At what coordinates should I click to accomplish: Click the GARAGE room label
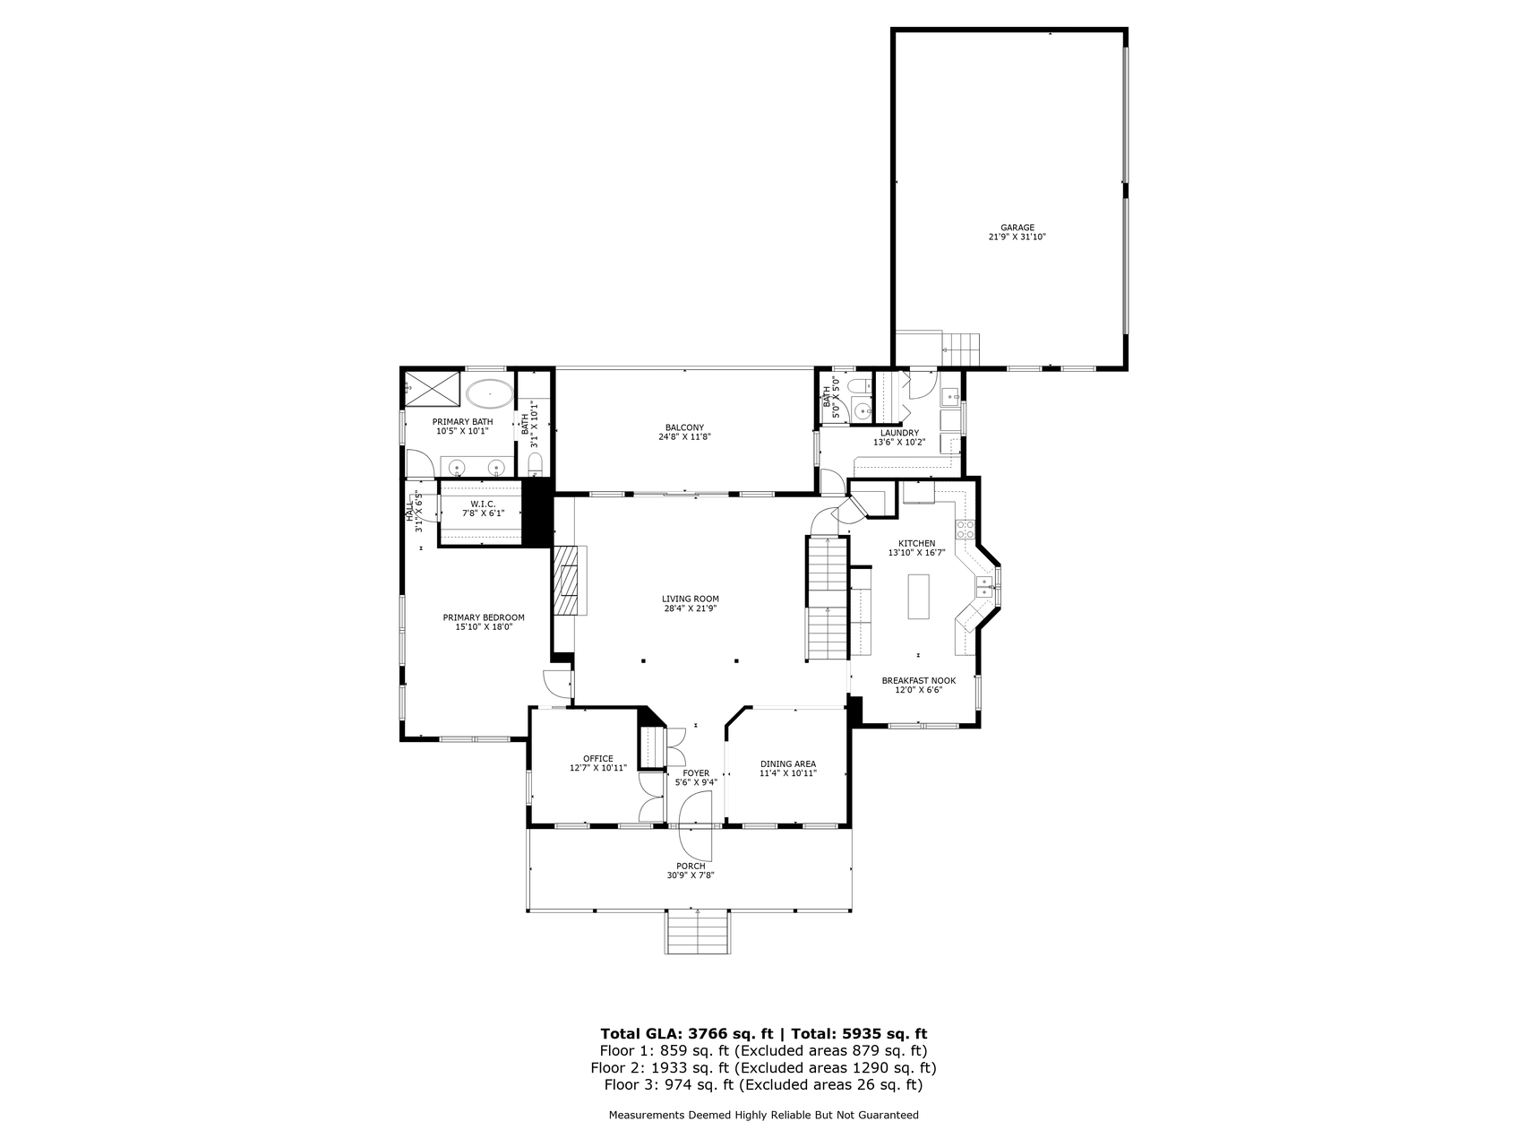[1017, 228]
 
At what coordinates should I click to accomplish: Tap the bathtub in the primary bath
[490, 392]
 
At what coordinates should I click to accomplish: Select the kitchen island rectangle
[919, 597]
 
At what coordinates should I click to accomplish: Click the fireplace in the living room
[567, 580]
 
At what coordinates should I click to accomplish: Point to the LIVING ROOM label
[690, 599]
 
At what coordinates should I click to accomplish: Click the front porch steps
[697, 932]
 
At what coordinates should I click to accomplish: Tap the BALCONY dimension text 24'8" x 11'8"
[684, 438]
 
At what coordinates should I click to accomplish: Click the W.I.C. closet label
[483, 504]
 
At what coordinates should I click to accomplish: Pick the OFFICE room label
[597, 759]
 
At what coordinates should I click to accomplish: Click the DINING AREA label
[787, 763]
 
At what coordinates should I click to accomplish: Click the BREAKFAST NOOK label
[918, 680]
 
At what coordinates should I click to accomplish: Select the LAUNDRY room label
[898, 433]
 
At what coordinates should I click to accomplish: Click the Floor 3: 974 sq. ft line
[763, 1085]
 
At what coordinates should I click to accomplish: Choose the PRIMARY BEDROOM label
[484, 617]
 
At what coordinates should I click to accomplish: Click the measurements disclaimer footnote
[763, 1116]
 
